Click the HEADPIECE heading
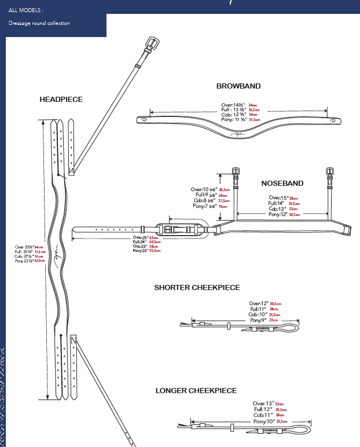point(61,99)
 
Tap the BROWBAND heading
point(238,86)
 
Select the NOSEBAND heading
point(282,183)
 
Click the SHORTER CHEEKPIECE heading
point(197,287)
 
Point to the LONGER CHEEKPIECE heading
point(196,390)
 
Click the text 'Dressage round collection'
point(39,23)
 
